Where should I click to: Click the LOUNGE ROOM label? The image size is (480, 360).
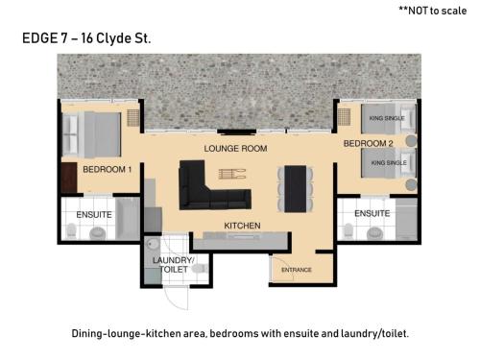(235, 149)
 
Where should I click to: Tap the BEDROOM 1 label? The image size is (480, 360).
(108, 169)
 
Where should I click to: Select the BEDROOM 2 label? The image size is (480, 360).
(368, 143)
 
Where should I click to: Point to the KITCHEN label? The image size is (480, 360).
(242, 226)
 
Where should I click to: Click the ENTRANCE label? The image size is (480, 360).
(297, 270)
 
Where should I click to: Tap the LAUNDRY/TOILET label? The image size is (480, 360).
(174, 265)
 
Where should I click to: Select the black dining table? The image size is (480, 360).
(296, 189)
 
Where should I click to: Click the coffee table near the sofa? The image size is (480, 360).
(232, 174)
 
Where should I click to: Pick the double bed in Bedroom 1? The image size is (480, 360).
(91, 134)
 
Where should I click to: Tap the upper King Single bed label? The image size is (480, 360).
(387, 118)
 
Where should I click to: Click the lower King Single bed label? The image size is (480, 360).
(389, 163)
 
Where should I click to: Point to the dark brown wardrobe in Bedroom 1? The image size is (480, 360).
(69, 178)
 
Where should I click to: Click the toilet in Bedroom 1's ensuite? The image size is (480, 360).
(71, 230)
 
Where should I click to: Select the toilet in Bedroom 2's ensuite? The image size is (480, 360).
(348, 230)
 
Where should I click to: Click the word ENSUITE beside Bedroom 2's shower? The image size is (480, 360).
(372, 213)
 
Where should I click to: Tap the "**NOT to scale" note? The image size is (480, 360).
(432, 11)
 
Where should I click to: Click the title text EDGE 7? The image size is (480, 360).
(45, 38)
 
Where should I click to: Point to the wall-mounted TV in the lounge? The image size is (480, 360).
(237, 132)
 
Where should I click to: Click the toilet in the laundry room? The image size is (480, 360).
(200, 268)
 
